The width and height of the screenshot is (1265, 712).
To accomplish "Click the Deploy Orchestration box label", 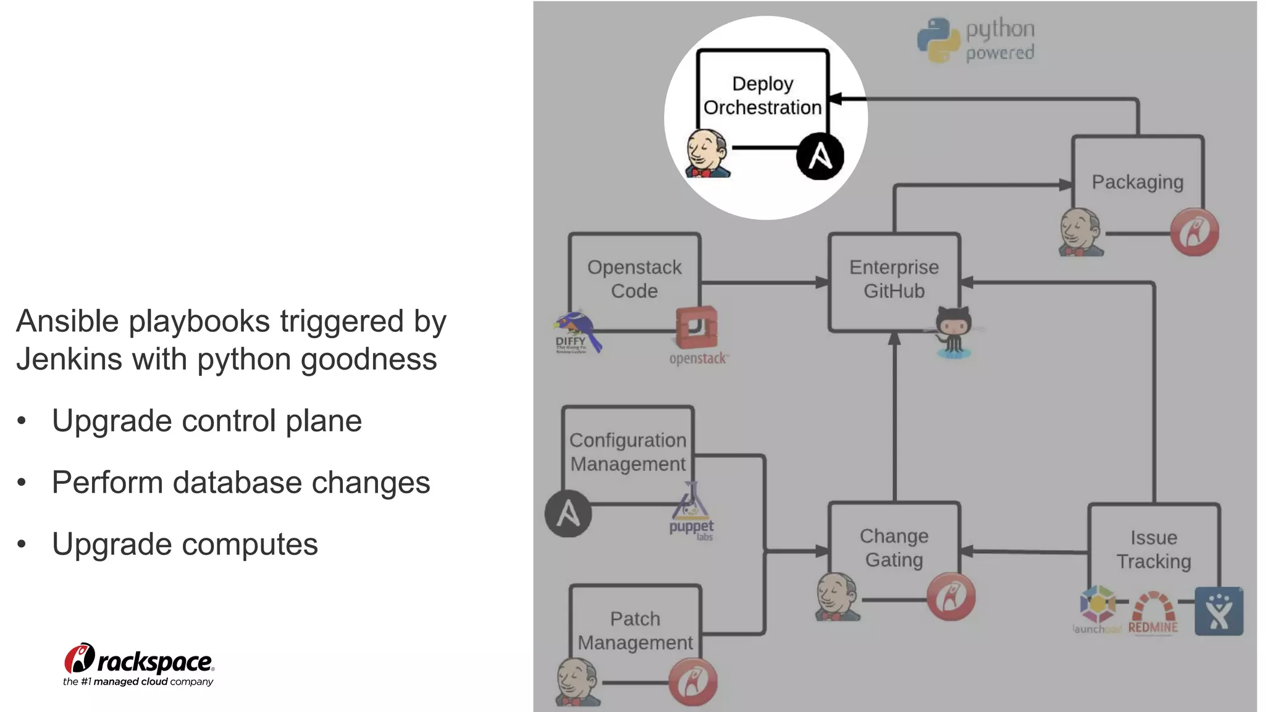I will point(762,96).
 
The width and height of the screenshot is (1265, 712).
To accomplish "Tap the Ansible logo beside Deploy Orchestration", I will point(820,156).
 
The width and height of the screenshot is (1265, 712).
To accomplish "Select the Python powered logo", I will point(976,40).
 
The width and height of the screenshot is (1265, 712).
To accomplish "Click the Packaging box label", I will point(1137,182).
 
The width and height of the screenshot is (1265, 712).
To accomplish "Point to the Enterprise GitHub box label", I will point(894,279).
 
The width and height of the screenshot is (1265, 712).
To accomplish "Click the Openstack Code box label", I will point(634,279).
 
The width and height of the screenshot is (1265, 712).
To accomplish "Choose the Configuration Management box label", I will point(628,452).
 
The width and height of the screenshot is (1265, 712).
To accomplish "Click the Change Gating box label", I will point(894,548).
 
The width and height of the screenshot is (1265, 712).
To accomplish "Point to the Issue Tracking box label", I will point(1153,549).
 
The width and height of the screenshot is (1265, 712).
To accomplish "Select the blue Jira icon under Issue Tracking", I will point(1218,611).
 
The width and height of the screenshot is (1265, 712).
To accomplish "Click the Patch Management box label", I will point(635,630).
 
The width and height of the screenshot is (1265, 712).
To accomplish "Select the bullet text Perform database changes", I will point(241,483).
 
